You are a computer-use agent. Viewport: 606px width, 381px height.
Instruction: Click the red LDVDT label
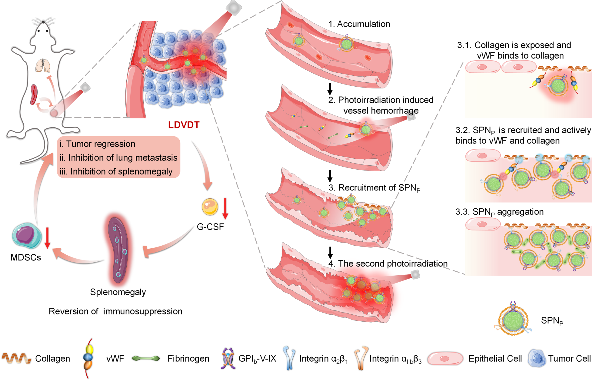[x=184, y=125]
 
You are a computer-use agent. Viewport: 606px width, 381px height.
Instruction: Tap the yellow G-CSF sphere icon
[x=210, y=207]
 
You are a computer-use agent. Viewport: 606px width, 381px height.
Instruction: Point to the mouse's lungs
[x=43, y=65]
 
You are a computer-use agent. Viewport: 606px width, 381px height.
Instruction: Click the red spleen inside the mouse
[x=34, y=95]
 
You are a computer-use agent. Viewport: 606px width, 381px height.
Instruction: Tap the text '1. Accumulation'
[x=359, y=24]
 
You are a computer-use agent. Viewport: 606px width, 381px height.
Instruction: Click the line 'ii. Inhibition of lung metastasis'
[x=118, y=158]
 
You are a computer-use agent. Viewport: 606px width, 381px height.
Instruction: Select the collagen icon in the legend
[x=16, y=359]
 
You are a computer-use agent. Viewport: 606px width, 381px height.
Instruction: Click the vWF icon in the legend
[x=88, y=358]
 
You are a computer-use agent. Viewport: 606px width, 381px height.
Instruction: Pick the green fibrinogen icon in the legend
[x=146, y=359]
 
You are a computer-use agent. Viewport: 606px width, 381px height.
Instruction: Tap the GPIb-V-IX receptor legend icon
[x=228, y=358]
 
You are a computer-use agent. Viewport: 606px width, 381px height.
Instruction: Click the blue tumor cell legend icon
[x=537, y=359]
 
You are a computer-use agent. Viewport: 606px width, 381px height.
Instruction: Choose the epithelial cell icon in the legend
[x=445, y=359]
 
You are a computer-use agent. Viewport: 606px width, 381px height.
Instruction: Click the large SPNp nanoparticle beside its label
[x=513, y=319]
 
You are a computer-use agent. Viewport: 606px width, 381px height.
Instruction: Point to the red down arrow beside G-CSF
[x=225, y=209]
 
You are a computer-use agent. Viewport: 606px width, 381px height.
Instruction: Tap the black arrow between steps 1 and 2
[x=330, y=88]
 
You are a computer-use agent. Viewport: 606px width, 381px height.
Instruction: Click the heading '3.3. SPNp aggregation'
[x=499, y=212]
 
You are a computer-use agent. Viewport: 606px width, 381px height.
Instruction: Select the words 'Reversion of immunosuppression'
[x=115, y=311]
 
